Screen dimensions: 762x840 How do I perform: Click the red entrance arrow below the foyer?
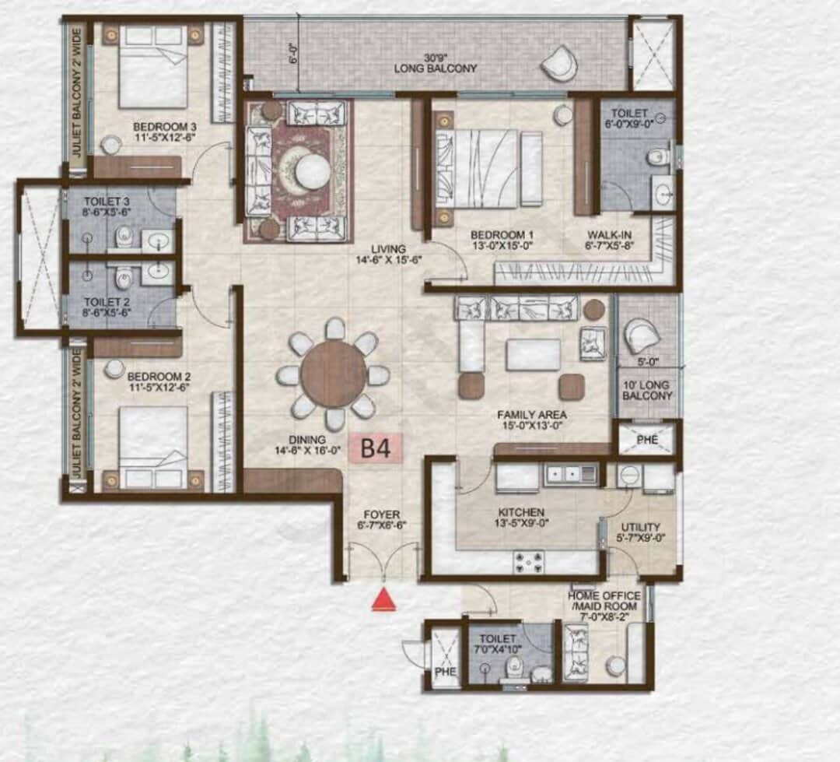(383, 599)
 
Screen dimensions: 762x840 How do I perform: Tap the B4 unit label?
(375, 448)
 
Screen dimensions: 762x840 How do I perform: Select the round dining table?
(334, 374)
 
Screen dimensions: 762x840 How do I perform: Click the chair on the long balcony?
(559, 63)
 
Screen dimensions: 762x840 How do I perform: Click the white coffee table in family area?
(533, 355)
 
